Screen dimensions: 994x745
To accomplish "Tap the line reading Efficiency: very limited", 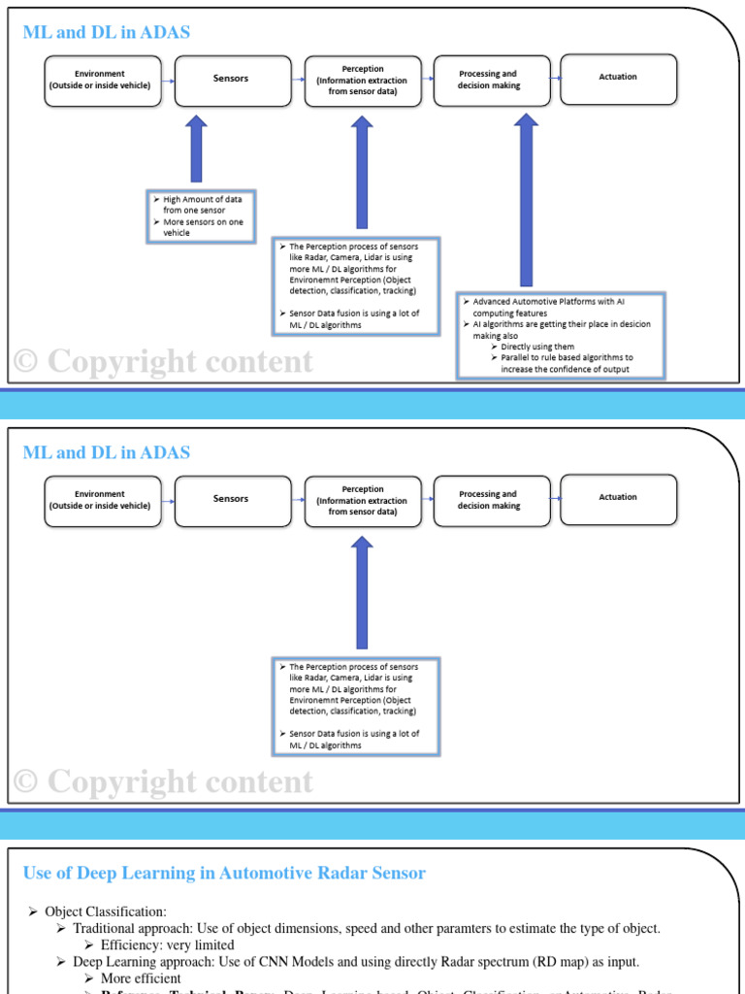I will click(x=167, y=944).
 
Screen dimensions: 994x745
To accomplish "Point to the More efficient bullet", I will click(x=141, y=978).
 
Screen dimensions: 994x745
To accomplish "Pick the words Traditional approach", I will click(x=129, y=928).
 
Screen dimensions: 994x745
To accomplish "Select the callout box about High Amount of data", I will click(x=201, y=215).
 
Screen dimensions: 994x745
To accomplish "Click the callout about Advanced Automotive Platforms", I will click(x=561, y=335).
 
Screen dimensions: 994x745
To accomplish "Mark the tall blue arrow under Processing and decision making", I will click(x=526, y=199).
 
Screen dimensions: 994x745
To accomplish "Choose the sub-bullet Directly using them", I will click(x=537, y=347).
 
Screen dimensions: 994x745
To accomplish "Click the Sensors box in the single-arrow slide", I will click(x=232, y=499).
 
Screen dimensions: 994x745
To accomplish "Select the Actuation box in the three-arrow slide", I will click(x=619, y=78).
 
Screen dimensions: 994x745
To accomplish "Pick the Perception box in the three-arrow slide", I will click(x=363, y=80).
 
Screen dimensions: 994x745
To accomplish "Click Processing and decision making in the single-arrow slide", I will click(x=489, y=500).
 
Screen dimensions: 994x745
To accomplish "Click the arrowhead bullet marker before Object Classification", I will click(x=33, y=911).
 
